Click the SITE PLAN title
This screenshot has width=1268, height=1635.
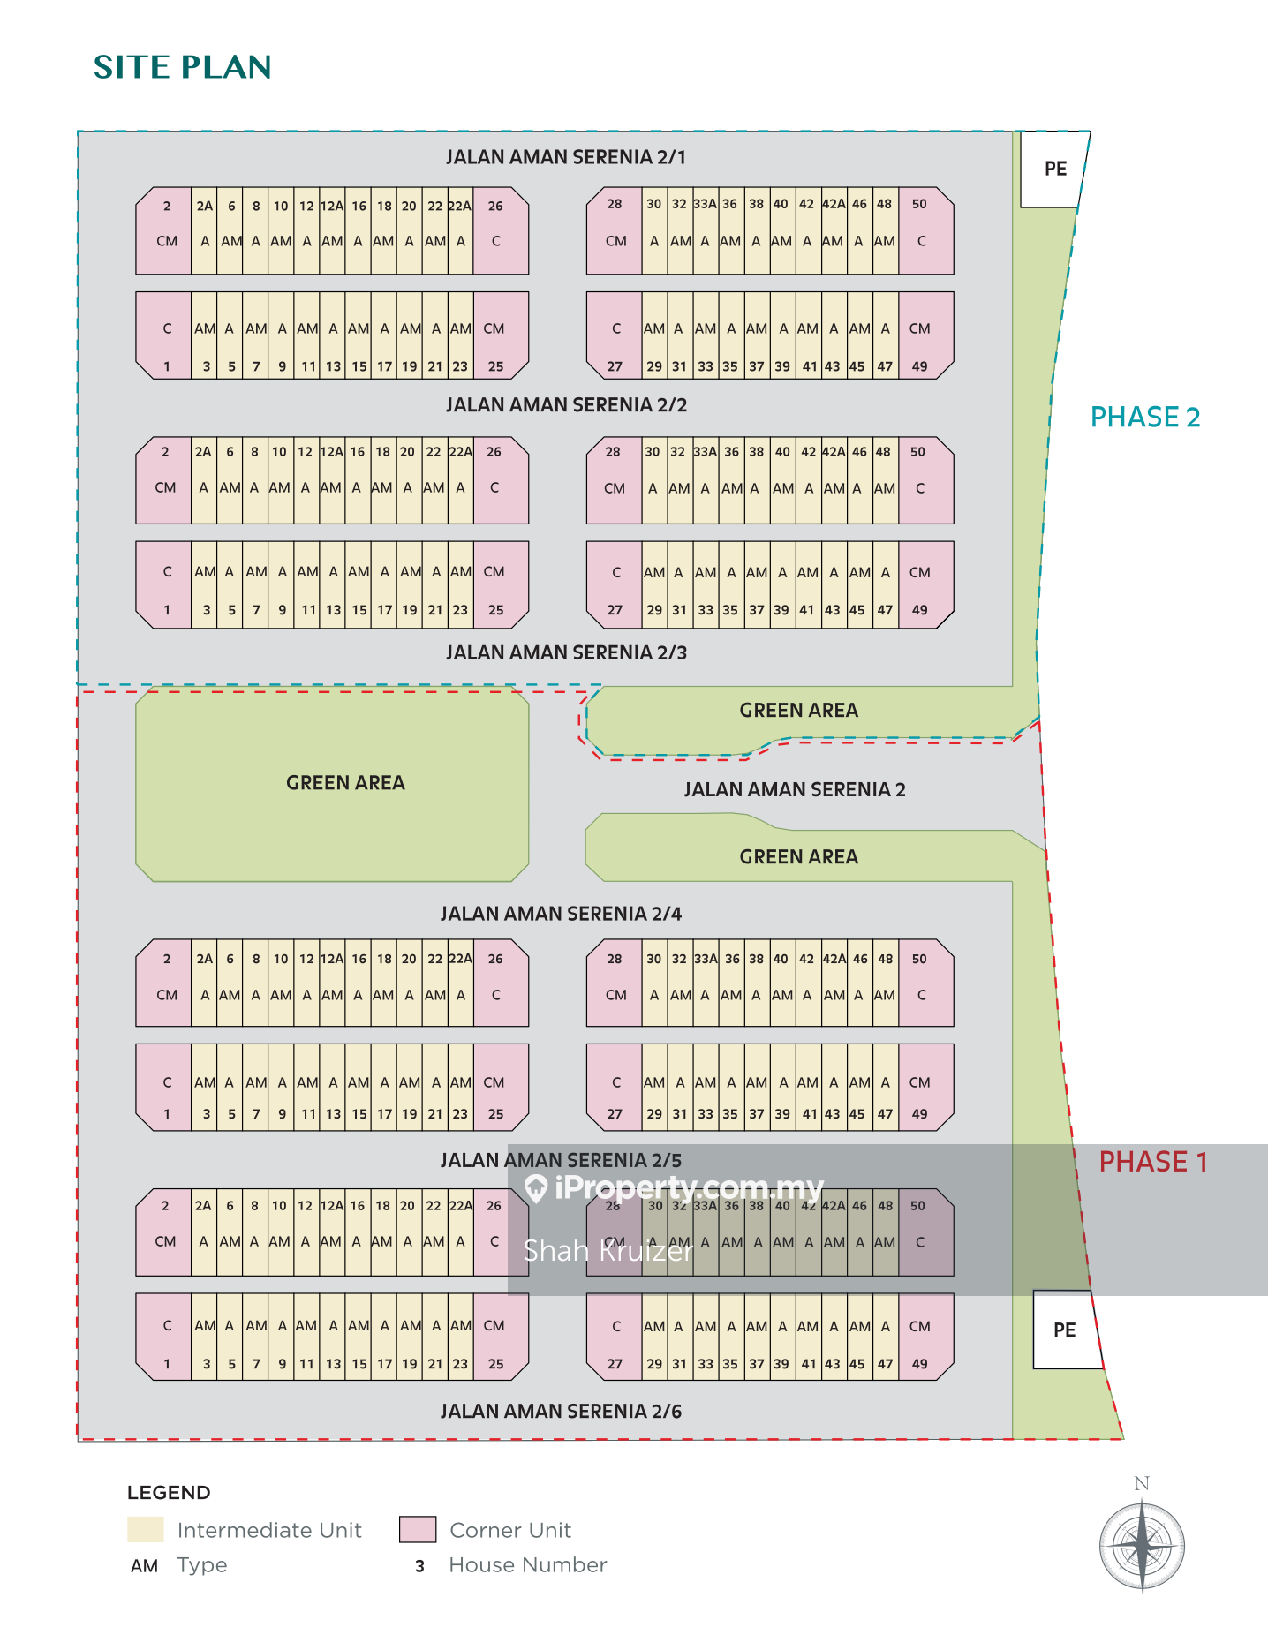(x=182, y=67)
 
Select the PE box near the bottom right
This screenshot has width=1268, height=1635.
(x=1065, y=1330)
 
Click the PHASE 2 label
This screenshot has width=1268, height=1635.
(x=1145, y=417)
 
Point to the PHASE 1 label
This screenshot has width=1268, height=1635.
(x=1152, y=1162)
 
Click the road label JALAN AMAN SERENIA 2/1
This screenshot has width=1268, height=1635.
(x=565, y=157)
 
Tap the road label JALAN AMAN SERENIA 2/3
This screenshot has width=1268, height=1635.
(x=565, y=652)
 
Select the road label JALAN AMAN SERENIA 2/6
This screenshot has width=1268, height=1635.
(x=561, y=1411)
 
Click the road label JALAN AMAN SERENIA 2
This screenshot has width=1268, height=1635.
(x=795, y=789)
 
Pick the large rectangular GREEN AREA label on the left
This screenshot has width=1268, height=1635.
(x=345, y=783)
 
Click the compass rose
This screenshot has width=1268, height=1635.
(x=1142, y=1545)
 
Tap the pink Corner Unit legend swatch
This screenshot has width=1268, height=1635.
(x=418, y=1529)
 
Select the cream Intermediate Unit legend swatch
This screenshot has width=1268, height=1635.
(x=146, y=1529)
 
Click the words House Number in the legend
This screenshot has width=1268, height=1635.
(x=527, y=1565)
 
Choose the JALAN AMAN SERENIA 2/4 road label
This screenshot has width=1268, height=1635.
(x=561, y=914)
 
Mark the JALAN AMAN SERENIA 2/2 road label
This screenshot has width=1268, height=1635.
(x=565, y=405)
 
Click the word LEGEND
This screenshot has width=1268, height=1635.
(x=169, y=1493)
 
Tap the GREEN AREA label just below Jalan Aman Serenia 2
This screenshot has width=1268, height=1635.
(x=798, y=856)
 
